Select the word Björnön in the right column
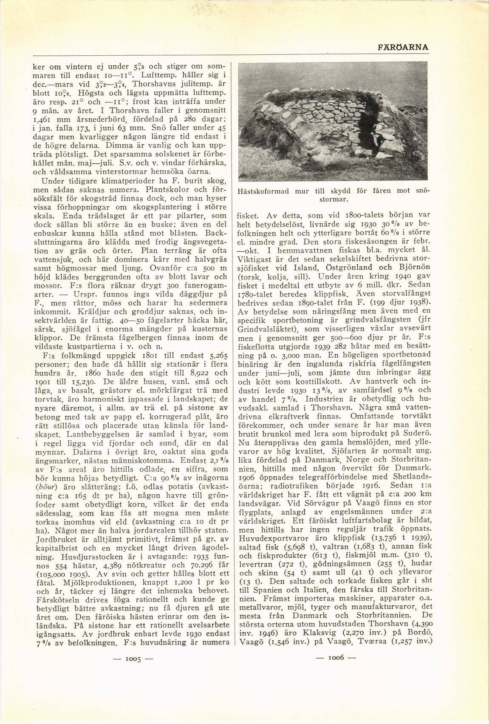413,268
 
